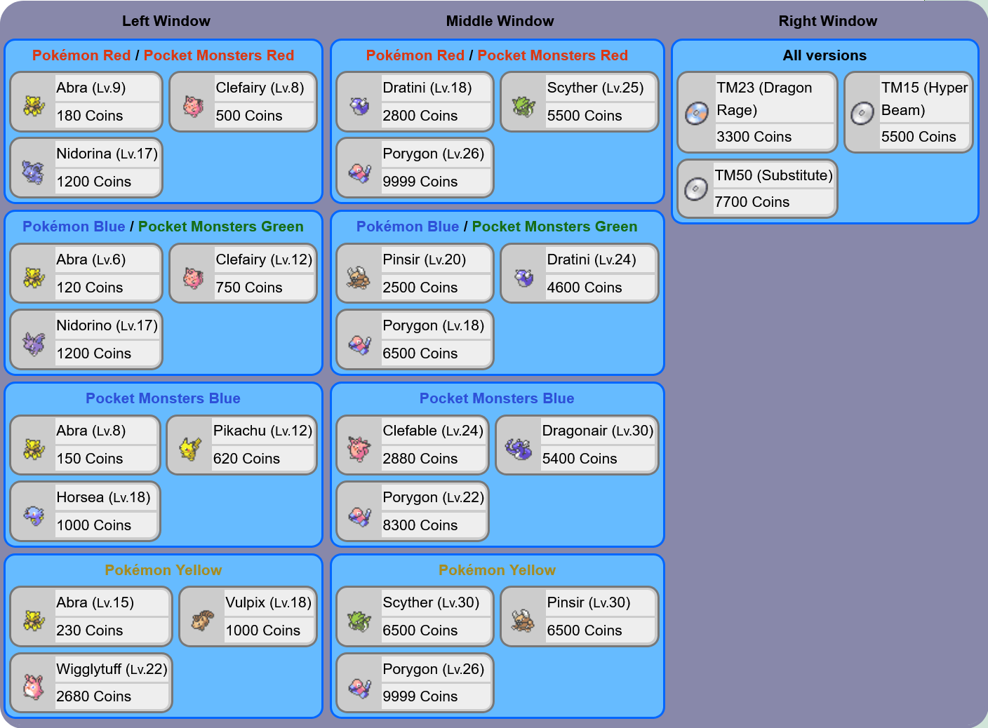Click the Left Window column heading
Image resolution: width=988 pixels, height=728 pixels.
point(166,21)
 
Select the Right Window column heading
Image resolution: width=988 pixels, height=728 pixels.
point(827,21)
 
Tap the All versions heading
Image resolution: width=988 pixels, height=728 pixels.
point(825,55)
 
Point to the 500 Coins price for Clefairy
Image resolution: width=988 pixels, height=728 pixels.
point(249,116)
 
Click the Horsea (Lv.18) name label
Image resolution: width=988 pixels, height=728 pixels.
point(103,497)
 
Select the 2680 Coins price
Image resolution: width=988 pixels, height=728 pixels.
point(93,696)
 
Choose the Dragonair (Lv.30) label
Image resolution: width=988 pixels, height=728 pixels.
point(597,431)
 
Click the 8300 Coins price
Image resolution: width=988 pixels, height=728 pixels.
point(420,525)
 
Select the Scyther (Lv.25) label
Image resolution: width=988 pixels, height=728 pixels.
point(595,88)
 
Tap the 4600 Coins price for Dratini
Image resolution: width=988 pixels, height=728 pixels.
point(584,288)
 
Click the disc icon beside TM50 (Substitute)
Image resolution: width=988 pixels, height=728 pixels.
point(696,189)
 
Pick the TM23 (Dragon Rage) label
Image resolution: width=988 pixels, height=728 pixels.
point(764,99)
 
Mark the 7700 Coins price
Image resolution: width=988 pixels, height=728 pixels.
point(752,202)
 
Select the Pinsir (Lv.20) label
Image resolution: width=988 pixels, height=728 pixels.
point(424,259)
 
